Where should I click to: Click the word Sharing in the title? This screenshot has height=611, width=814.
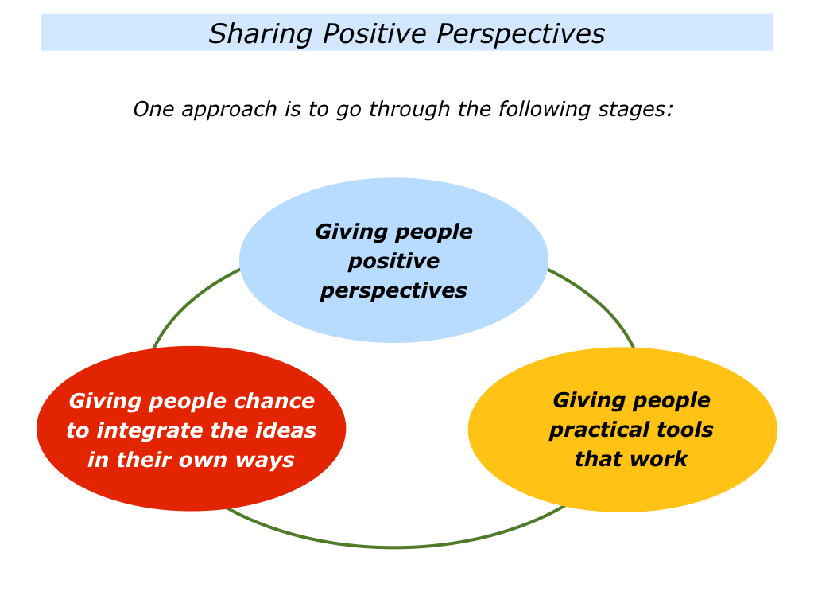click(260, 34)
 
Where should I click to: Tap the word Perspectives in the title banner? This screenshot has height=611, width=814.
click(521, 34)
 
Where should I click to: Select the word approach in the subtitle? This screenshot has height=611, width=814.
click(229, 110)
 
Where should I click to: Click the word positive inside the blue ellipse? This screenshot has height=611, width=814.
click(393, 262)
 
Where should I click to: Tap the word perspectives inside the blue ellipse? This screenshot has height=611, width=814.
click(393, 291)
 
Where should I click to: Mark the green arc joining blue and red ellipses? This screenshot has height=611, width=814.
click(190, 302)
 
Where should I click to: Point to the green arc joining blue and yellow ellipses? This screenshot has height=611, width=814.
click(598, 302)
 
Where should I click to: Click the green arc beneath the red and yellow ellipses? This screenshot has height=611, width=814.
click(394, 547)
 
